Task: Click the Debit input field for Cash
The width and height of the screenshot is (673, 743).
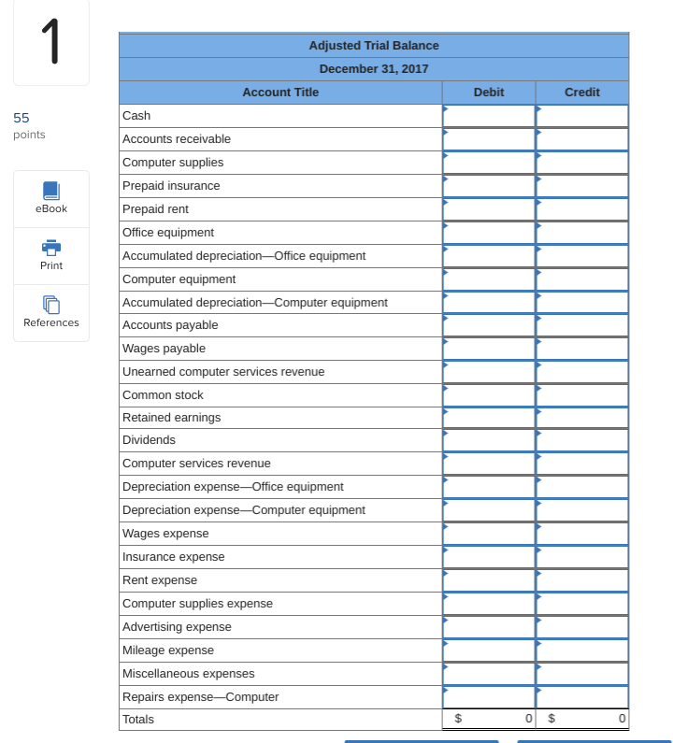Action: pyautogui.click(x=489, y=116)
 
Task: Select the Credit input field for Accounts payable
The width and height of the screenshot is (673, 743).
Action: pyautogui.click(x=582, y=325)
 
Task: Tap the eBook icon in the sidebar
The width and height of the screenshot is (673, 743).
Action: pyautogui.click(x=51, y=191)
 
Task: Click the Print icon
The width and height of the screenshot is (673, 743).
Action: pyautogui.click(x=51, y=248)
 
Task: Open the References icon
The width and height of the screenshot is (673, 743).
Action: pyautogui.click(x=51, y=305)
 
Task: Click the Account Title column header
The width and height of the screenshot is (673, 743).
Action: pyautogui.click(x=280, y=93)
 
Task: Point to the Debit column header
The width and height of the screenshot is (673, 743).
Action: pyautogui.click(x=489, y=93)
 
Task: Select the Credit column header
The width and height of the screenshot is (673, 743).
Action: pyautogui.click(x=582, y=93)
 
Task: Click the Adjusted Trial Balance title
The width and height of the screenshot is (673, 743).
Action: pyautogui.click(x=374, y=46)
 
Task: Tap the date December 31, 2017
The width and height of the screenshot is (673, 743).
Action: pyautogui.click(x=374, y=69)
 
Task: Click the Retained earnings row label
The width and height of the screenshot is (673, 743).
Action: pyautogui.click(x=172, y=418)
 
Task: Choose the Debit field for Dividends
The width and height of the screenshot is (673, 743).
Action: pyautogui.click(x=489, y=440)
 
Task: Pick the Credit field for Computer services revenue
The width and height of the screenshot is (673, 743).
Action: pyautogui.click(x=582, y=464)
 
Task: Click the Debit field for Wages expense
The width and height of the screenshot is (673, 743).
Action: pyautogui.click(x=489, y=534)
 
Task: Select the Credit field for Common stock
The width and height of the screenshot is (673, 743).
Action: pyautogui.click(x=582, y=395)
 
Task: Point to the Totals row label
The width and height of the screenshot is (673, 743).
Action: pyautogui.click(x=138, y=720)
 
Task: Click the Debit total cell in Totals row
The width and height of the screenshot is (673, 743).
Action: pyautogui.click(x=489, y=720)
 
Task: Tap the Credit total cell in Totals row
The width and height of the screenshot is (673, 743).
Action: pyautogui.click(x=582, y=720)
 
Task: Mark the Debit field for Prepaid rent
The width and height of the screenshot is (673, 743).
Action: pyautogui.click(x=489, y=209)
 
